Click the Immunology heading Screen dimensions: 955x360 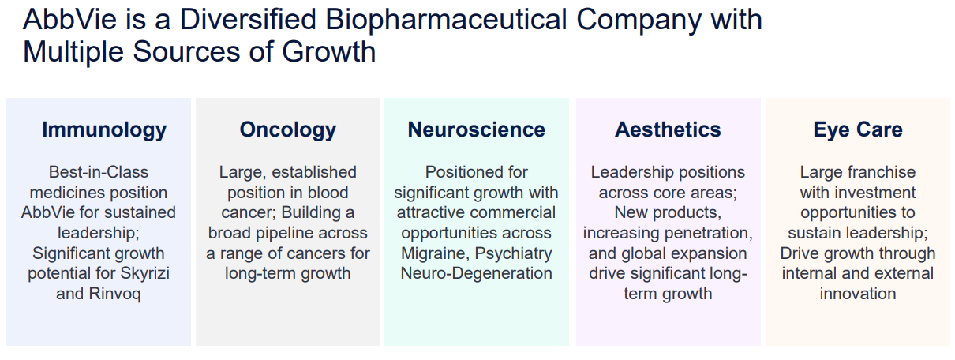tap(104, 130)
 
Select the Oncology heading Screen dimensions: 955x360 tap(288, 130)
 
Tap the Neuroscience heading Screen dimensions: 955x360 tap(476, 129)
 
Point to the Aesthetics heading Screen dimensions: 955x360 tap(668, 129)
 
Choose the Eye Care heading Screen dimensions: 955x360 tap(858, 130)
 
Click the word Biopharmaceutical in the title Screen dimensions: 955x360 tap(446, 21)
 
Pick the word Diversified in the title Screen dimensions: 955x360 tap(248, 20)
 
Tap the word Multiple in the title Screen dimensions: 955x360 tap(73, 52)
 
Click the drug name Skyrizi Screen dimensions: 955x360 tap(145, 273)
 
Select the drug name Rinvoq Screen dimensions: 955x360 tap(114, 294)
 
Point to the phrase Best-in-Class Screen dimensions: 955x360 tap(99, 172)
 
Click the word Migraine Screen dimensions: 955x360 tap(435, 253)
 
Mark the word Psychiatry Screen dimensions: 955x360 tap(513, 253)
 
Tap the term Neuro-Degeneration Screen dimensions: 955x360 tap(476, 273)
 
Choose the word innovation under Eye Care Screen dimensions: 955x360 tap(858, 294)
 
